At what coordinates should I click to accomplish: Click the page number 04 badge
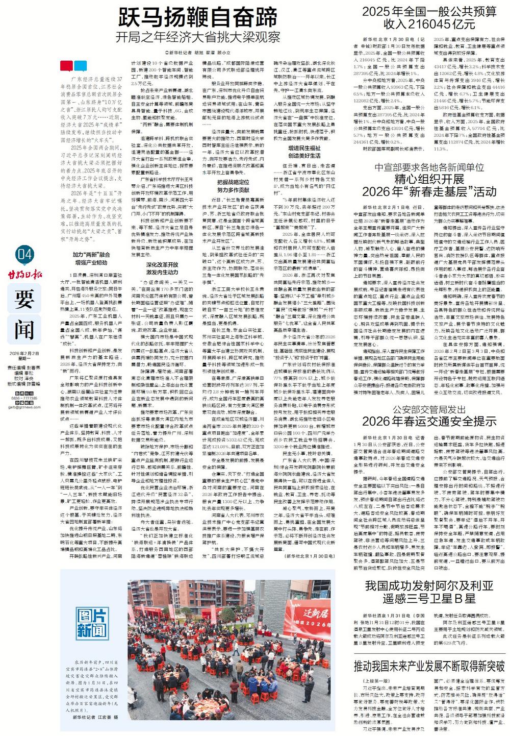pos(24,254)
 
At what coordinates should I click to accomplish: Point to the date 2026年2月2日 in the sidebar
pos(24,354)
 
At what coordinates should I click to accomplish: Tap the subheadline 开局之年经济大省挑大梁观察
pos(198,38)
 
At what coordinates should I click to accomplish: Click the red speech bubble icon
pos(67,66)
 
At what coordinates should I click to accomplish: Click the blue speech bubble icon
pos(80,66)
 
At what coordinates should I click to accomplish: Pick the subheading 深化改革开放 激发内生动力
pos(162,269)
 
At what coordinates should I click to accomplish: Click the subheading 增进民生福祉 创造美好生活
pos(304,152)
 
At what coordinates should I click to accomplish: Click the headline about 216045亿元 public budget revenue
pos(429,17)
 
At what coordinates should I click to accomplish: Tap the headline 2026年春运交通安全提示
pos(429,421)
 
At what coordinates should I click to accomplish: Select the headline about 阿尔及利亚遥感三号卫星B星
pos(429,591)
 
